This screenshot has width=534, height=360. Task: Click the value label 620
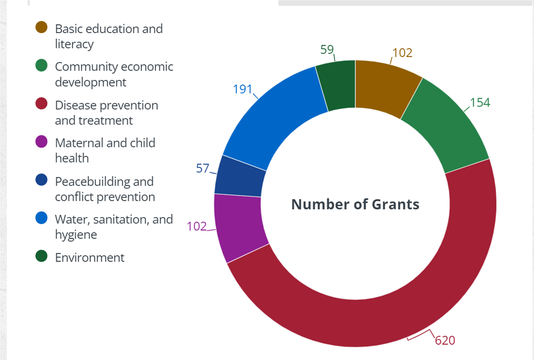pos(445,340)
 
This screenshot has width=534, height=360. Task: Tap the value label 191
pos(242,89)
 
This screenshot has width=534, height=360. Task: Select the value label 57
pos(203,168)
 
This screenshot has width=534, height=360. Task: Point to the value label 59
pos(327,50)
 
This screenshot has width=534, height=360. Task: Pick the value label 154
pos(480,103)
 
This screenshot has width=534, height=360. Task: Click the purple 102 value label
pos(197,226)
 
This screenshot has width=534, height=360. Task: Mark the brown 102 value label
pos(402,53)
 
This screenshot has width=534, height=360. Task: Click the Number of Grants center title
pos(355,204)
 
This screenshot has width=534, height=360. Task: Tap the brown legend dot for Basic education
pos(41,27)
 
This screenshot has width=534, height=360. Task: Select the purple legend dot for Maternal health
pos(41,142)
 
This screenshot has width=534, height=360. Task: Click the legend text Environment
pos(90,257)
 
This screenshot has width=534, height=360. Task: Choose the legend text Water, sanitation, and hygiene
pos(114,227)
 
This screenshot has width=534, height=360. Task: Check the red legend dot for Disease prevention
pos(41,104)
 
